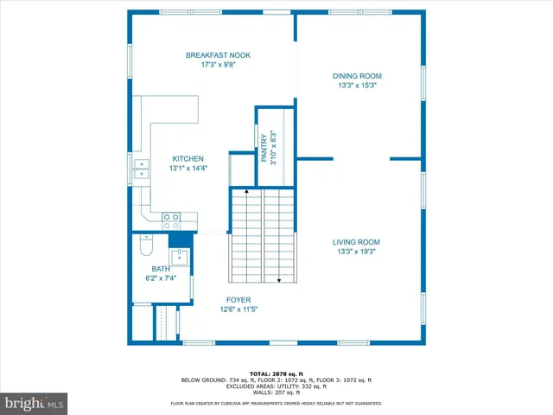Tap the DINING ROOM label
pyautogui.click(x=357, y=76)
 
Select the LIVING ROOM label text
pyautogui.click(x=357, y=242)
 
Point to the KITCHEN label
pyautogui.click(x=188, y=159)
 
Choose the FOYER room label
pyautogui.click(x=239, y=300)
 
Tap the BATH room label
pyautogui.click(x=161, y=269)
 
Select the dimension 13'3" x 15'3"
pyautogui.click(x=357, y=86)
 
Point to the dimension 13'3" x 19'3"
pyautogui.click(x=357, y=252)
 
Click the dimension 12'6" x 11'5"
pyautogui.click(x=239, y=310)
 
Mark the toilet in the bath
pyautogui.click(x=146, y=248)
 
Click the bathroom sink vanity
pyautogui.click(x=180, y=256)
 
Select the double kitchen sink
pyautogui.click(x=140, y=169)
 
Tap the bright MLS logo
pyautogui.click(x=35, y=403)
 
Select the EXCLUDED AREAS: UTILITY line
pyautogui.click(x=276, y=386)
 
